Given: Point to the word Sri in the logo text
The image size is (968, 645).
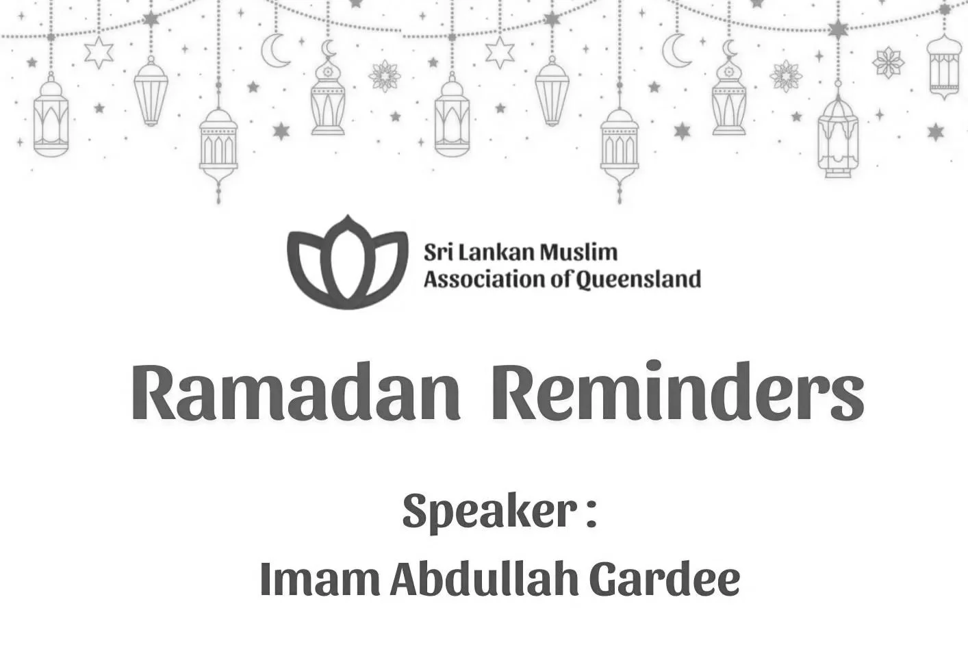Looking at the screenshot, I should [x=436, y=253].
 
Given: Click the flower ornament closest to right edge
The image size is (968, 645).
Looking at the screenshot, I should [x=888, y=63].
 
